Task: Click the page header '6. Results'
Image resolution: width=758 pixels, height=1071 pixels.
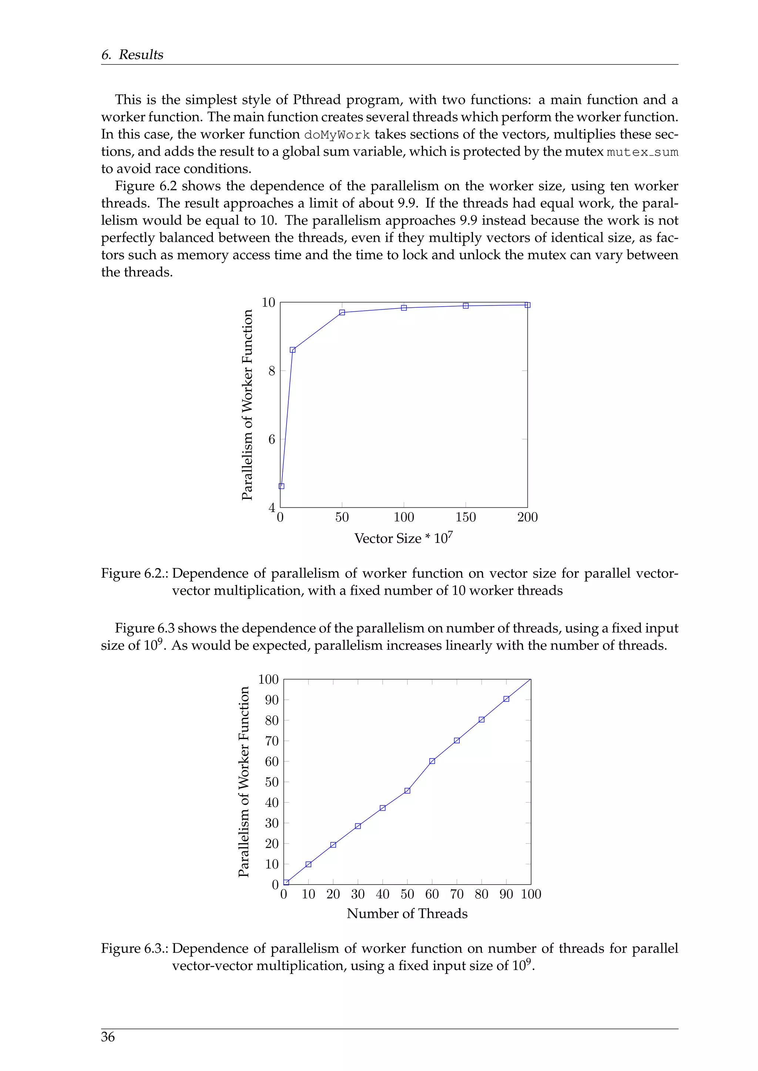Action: click(132, 55)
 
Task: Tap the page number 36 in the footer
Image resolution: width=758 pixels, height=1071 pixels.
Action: click(108, 1037)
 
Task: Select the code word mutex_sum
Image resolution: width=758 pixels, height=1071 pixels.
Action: click(642, 152)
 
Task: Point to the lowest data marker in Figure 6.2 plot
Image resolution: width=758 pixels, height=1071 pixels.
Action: click(281, 486)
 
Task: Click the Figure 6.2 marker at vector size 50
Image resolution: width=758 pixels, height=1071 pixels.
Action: click(342, 312)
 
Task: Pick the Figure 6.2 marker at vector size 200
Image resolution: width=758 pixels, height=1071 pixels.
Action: click(527, 305)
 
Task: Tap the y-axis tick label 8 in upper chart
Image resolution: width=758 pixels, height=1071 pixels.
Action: click(272, 371)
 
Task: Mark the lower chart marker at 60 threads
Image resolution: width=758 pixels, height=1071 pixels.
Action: click(432, 761)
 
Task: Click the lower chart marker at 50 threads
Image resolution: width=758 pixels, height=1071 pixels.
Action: click(407, 791)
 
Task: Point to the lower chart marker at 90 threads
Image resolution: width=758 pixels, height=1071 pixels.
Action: click(506, 699)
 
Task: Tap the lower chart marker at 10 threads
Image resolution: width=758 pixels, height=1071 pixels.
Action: click(309, 864)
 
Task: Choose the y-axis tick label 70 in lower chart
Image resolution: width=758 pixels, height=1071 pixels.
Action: click(272, 741)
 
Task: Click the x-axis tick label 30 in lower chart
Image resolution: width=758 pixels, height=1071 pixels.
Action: click(358, 894)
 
